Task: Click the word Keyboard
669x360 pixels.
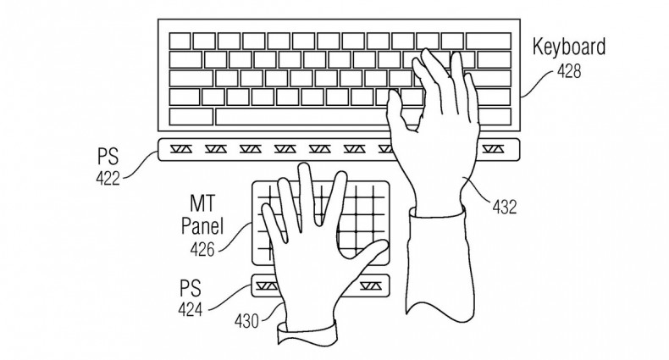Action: click(x=568, y=47)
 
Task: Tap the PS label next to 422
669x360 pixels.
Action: click(x=108, y=157)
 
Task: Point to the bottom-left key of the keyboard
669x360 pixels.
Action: click(x=191, y=117)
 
